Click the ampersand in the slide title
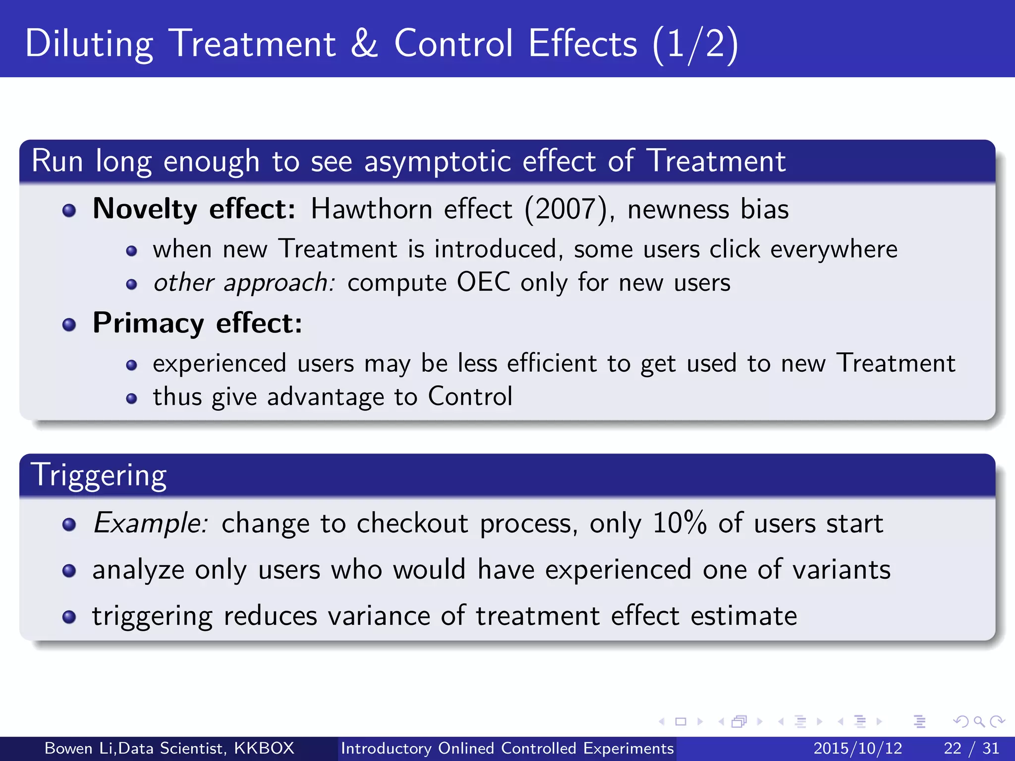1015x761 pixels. click(364, 44)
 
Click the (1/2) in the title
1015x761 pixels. click(695, 44)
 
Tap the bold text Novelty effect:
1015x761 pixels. click(194, 209)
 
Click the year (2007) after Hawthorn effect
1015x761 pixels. click(566, 209)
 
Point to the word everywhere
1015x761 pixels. click(834, 249)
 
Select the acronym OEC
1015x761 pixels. click(483, 282)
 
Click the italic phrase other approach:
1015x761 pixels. click(244, 283)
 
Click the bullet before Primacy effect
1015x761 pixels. click(69, 325)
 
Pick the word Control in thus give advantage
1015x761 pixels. click(469, 396)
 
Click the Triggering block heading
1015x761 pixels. click(99, 475)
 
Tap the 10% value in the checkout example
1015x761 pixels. click(679, 523)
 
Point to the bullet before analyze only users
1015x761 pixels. click(69, 571)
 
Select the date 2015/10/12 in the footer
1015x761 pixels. click(857, 748)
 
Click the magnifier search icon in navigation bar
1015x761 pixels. click(978, 721)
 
